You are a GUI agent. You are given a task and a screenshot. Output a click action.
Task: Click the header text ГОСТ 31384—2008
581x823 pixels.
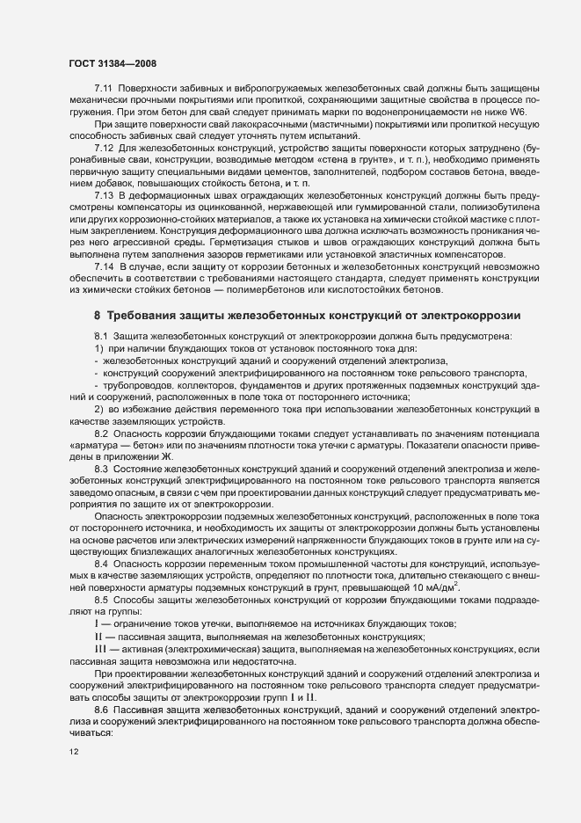point(112,63)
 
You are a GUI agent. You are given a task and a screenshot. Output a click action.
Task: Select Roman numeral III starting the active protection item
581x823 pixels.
point(100,647)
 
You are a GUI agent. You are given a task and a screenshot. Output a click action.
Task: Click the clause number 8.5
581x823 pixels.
point(102,601)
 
